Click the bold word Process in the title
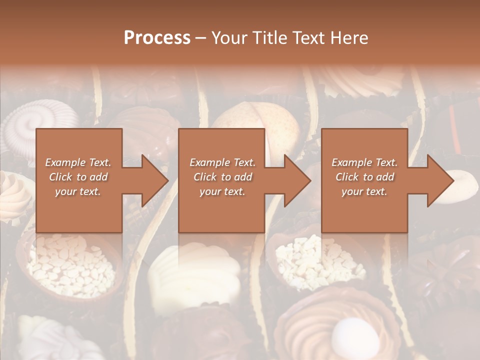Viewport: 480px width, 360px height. (157, 38)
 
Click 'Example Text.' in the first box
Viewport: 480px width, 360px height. (78, 162)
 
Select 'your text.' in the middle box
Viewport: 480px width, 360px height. (222, 191)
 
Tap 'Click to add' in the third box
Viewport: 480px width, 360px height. (364, 177)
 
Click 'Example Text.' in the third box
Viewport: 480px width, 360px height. (364, 162)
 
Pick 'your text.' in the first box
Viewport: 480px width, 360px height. (78, 191)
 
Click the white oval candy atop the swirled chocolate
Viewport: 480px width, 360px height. (349, 332)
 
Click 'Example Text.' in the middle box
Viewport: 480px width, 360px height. (222, 162)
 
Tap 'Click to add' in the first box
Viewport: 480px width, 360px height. (78, 177)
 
